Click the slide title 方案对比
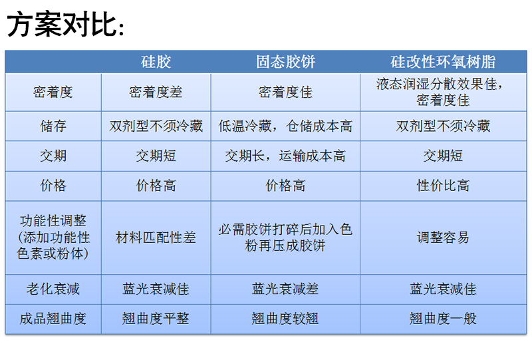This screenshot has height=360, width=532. pos(65,24)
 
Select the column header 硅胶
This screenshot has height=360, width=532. pos(156,62)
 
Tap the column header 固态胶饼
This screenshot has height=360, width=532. pos(285,62)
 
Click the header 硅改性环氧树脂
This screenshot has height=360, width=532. pos(443,62)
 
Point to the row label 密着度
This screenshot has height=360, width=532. pos(53,92)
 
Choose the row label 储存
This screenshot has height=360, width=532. pos(53,126)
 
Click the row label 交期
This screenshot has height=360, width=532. pos(53,156)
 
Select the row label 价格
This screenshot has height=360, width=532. pos(53,186)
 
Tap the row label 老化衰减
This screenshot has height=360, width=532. pos(53,289)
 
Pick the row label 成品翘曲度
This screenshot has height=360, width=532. pos(53,319)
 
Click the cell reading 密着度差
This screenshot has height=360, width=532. pos(156,92)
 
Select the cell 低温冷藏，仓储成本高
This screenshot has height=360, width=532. pos(285,126)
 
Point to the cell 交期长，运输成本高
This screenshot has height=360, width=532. pos(285,156)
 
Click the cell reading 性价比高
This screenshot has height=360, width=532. pos(443,186)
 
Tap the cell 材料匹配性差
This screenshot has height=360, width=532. pos(156,238)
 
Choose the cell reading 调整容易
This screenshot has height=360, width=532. pos(443,238)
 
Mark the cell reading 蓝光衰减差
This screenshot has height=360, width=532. pos(285,289)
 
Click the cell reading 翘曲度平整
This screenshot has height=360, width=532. pos(156,319)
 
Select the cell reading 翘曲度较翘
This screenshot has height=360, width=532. pos(285,319)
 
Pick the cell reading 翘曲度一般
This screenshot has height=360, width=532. pos(443,319)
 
